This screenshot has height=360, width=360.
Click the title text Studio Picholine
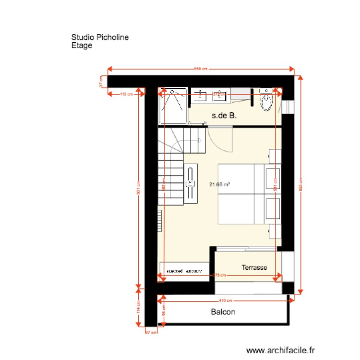100,37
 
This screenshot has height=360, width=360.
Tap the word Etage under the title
82,46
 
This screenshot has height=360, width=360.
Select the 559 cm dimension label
201,69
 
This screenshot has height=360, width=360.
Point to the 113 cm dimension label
126,94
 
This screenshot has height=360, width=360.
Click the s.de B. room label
225,115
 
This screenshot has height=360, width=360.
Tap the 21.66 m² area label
219,184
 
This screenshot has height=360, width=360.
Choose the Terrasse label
254,267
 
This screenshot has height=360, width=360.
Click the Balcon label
223,312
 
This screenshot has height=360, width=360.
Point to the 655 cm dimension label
301,188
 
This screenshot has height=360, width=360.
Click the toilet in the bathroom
267,100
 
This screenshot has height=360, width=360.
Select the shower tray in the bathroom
173,106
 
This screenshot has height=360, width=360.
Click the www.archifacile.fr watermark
280,351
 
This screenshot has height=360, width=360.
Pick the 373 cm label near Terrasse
219,276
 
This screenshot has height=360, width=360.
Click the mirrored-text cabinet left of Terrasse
184,269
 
